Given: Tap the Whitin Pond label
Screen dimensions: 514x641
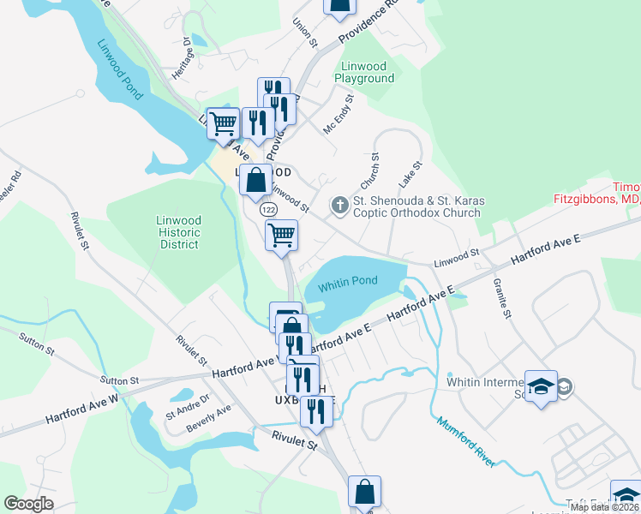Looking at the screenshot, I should point(347,281).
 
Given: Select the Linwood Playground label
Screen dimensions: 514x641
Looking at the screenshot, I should point(368,72).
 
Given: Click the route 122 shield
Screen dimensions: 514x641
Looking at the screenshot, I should point(269,210).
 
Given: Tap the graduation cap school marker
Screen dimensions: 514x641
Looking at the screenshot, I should point(541,385).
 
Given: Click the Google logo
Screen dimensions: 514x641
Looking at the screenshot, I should point(29,504).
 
